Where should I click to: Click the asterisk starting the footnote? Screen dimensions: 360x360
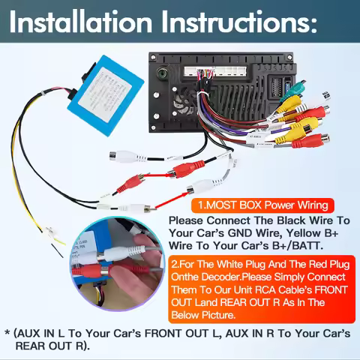tap(7, 333)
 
